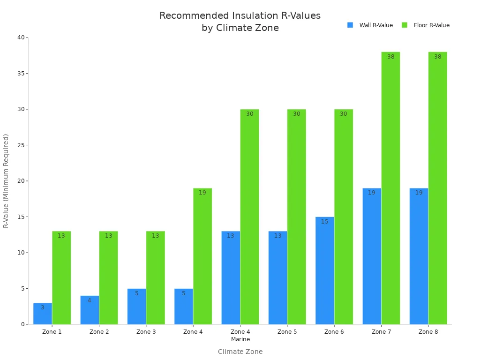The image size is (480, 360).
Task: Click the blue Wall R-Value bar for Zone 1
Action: click(43, 314)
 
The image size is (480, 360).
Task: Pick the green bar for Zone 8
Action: click(437, 188)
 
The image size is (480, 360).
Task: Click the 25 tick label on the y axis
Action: click(22, 145)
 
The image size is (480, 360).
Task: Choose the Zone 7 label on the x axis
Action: click(381, 332)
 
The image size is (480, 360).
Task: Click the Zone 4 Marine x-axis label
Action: click(240, 336)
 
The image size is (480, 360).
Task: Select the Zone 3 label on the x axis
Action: click(146, 332)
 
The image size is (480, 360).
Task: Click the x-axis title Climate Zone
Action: click(240, 352)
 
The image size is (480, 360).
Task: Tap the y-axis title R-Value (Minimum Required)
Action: click(6, 181)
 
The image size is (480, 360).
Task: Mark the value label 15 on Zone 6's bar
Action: click(325, 222)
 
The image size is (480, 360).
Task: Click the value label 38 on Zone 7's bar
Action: click(390, 57)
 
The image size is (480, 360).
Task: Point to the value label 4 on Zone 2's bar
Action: click(90, 300)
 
